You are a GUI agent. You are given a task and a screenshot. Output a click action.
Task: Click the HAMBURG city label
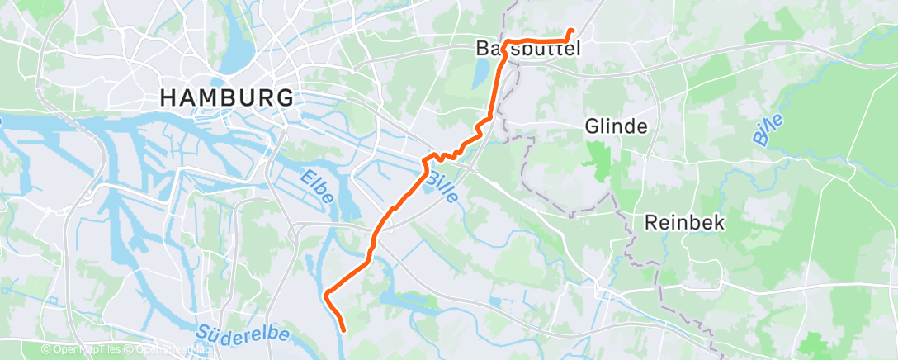225,97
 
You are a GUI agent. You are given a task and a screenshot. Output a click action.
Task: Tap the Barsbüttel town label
528,49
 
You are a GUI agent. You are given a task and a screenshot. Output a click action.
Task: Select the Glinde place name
616,126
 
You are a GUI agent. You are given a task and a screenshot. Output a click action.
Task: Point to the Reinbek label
685,222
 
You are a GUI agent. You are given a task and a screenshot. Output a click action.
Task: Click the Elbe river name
317,187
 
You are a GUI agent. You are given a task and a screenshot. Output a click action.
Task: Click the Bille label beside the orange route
442,189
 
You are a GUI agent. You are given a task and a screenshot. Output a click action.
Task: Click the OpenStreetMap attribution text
175,350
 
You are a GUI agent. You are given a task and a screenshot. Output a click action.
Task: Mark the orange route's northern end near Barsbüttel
571,31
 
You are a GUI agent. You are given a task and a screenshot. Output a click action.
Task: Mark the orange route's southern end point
342,330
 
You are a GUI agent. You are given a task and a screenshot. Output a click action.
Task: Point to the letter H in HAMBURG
168,97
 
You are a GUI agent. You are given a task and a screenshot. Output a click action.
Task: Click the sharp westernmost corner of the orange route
327,293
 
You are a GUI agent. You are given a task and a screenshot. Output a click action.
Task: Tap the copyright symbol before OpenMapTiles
45,350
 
